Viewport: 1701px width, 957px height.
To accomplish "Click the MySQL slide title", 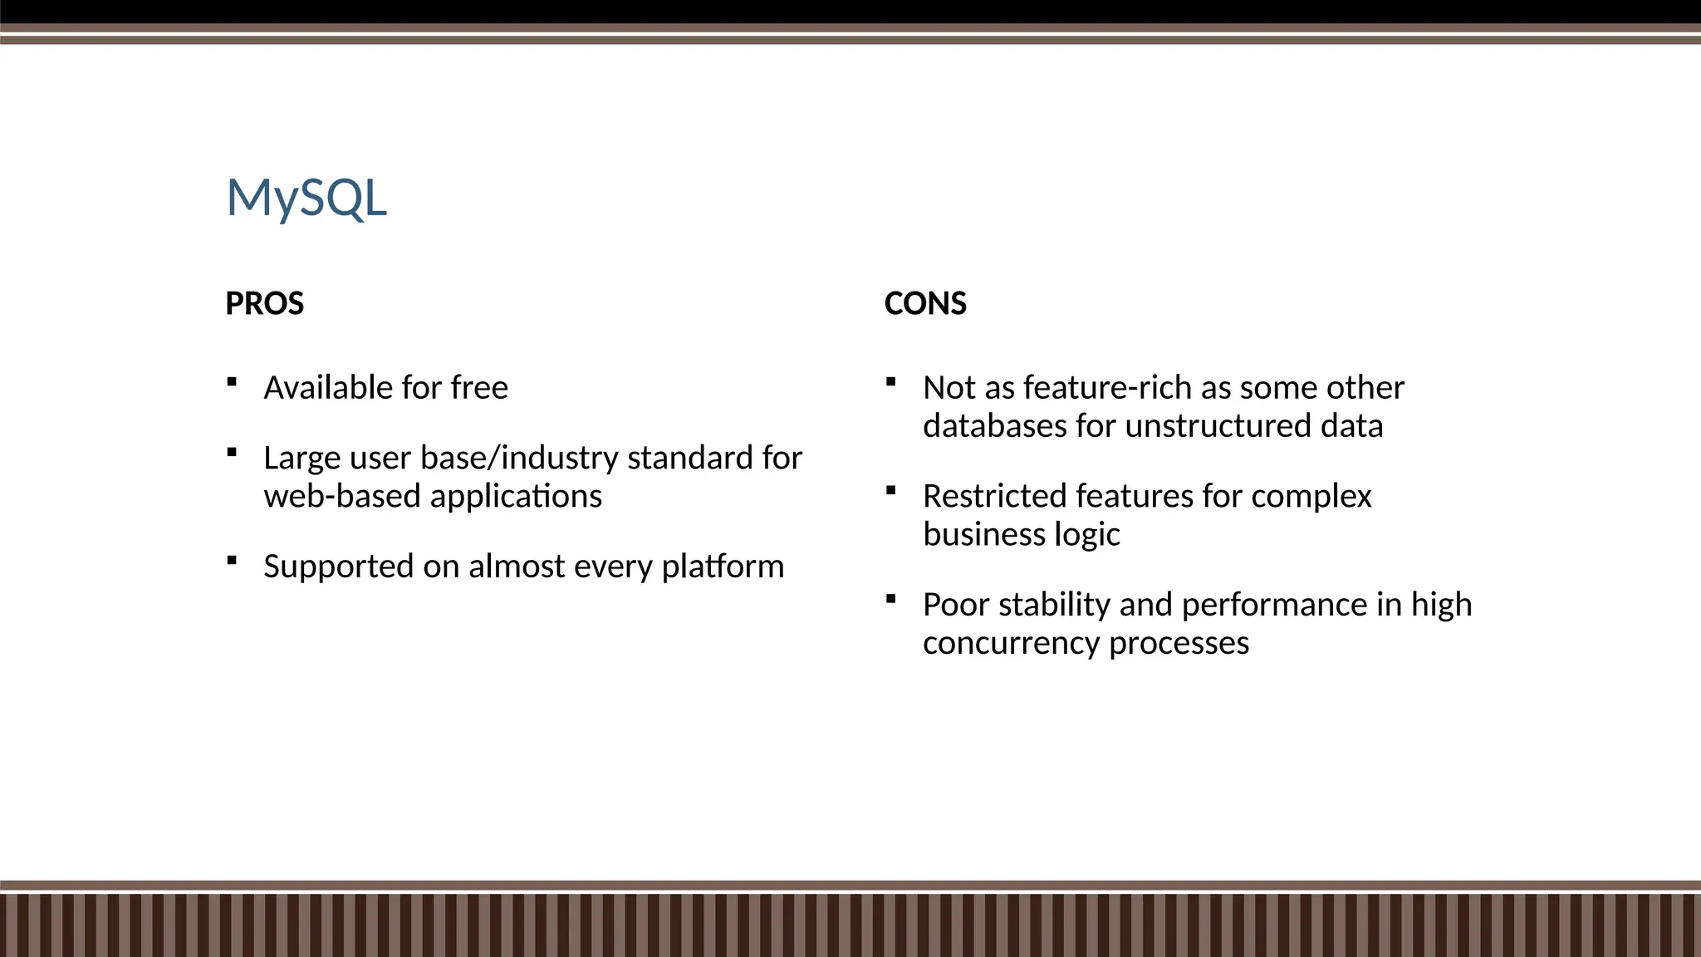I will [x=306, y=199].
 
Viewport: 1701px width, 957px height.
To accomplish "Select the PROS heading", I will [x=264, y=303].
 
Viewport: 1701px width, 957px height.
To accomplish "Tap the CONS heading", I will [x=924, y=303].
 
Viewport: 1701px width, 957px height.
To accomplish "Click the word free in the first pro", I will [x=479, y=388].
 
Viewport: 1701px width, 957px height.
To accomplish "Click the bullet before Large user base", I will [x=232, y=453].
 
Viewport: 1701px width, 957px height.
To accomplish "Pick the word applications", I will [x=516, y=497].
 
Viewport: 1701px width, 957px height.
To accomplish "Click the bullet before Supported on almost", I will [x=232, y=561].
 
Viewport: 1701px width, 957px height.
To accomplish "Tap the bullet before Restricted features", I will [x=890, y=490].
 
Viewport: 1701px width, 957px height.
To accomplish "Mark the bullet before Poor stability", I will [x=890, y=599].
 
